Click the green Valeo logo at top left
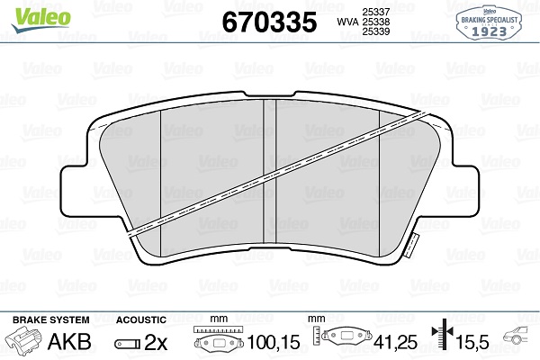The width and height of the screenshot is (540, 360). tap(40, 19)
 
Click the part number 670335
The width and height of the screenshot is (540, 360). tap(269, 22)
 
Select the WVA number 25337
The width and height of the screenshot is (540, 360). tap(375, 12)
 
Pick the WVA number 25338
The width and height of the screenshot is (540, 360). tap(375, 22)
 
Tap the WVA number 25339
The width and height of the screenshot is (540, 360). tap(375, 31)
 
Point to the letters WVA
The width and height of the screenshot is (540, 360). tap(347, 22)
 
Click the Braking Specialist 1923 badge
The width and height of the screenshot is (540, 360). tap(489, 22)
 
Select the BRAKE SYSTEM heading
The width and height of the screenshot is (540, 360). tap(51, 319)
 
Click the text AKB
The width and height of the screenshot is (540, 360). tap(69, 342)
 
